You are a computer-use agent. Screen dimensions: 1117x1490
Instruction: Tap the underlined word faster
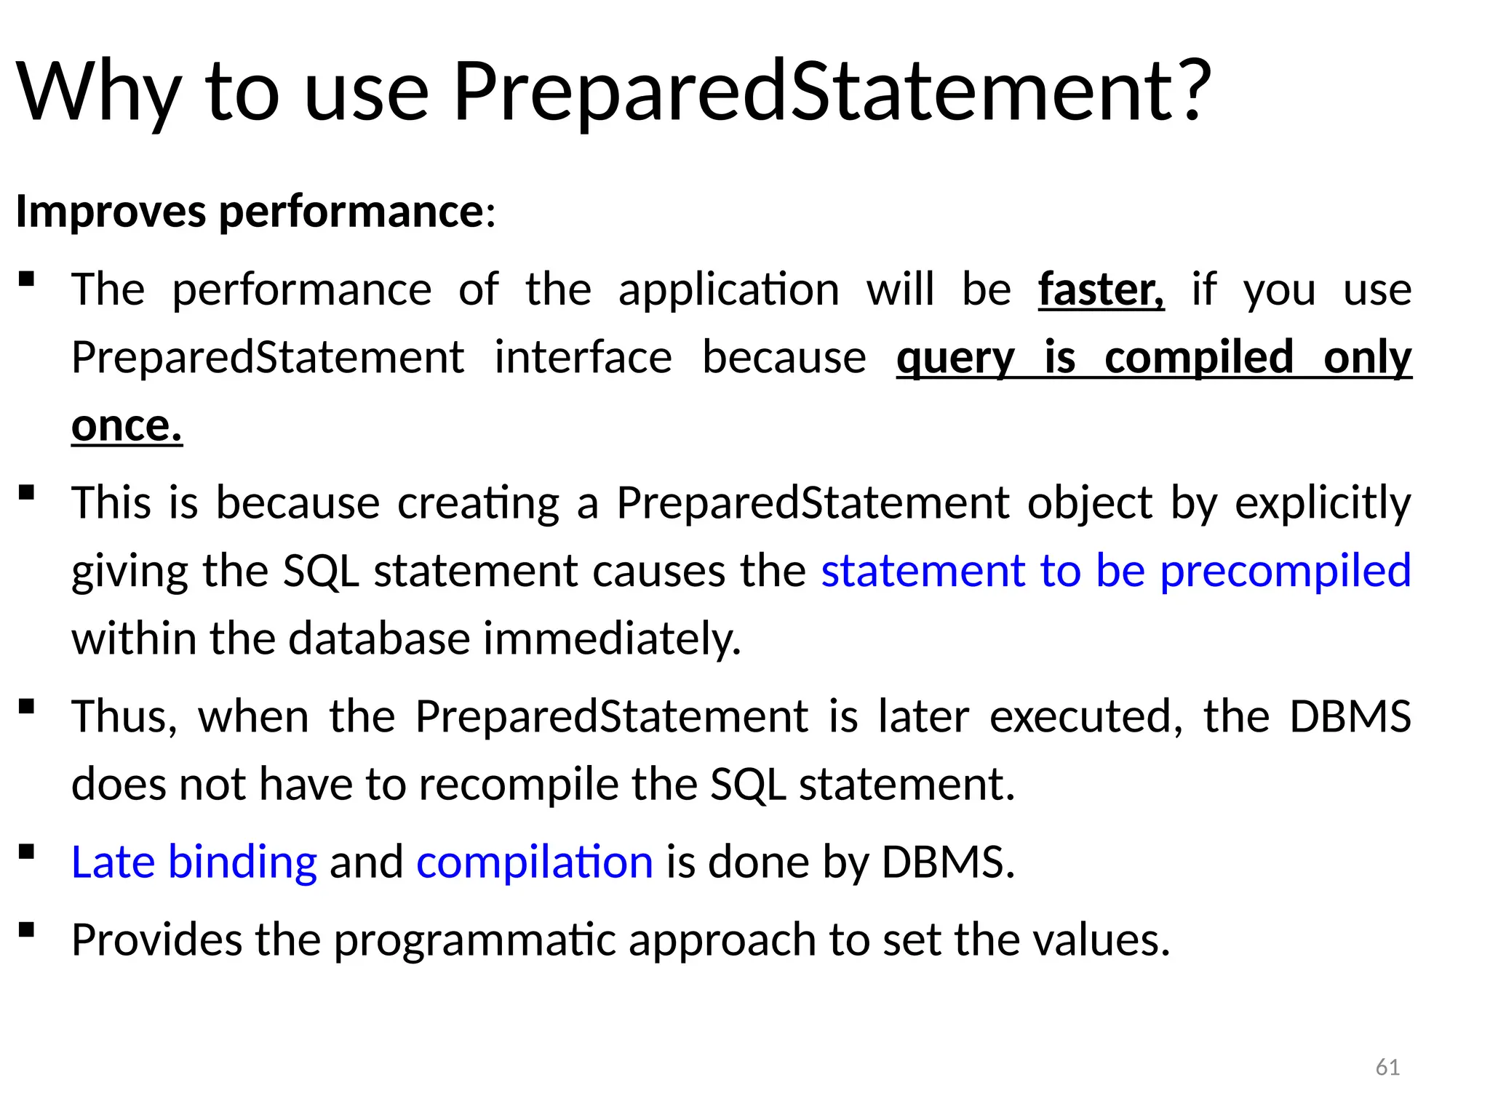point(1100,289)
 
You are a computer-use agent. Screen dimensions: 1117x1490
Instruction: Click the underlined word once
point(127,425)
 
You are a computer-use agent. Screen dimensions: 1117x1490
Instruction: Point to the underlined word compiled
point(1198,358)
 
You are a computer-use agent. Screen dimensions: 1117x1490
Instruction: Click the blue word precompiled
point(1285,570)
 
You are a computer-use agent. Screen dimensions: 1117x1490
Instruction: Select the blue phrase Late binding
point(194,862)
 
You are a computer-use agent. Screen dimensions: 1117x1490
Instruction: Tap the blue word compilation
point(534,862)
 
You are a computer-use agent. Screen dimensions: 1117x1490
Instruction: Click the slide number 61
point(1387,1067)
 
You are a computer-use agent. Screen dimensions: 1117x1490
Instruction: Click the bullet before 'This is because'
point(26,493)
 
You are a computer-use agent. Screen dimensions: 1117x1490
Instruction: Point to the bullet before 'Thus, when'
point(26,706)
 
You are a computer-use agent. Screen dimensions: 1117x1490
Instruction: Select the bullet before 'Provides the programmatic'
point(26,929)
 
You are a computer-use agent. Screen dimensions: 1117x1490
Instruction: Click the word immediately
point(611,638)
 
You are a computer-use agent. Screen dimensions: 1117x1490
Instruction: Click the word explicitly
point(1322,503)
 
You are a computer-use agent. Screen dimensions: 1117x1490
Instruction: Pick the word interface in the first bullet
point(583,358)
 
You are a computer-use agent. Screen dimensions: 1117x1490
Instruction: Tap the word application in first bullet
point(728,289)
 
